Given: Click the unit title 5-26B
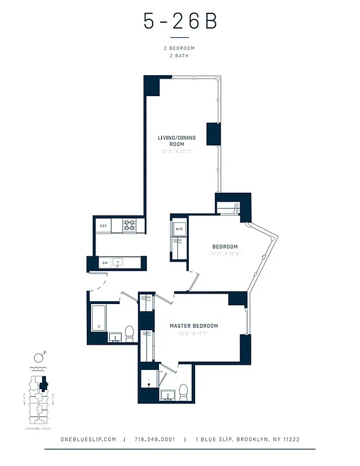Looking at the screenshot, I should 180,22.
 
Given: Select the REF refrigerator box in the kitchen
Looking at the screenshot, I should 103,225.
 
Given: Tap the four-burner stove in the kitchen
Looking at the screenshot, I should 129,225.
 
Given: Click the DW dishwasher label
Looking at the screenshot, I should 105,263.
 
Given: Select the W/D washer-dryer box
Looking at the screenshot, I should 179,229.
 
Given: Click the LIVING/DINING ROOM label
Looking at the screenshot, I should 177,140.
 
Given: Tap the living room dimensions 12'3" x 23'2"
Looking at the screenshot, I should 177,151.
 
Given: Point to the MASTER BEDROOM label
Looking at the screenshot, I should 193,326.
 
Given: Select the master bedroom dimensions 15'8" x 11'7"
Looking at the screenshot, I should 193,333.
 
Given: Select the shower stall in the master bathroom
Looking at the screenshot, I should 150,382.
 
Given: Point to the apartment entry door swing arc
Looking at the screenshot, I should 97,284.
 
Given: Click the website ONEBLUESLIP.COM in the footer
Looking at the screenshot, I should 89,439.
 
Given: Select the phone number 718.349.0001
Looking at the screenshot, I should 154,439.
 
